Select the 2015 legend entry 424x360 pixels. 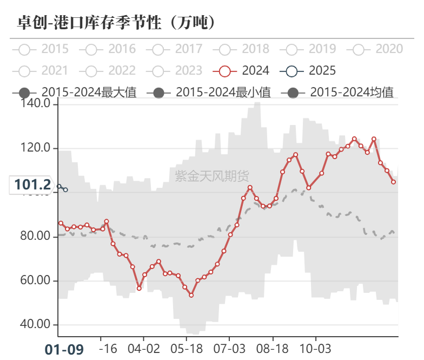43,49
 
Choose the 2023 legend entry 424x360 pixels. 177,70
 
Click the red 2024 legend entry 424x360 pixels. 244,70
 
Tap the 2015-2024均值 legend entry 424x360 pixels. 339,91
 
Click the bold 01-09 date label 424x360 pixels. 64,349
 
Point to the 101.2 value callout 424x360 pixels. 32,185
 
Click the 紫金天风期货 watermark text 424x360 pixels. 212,175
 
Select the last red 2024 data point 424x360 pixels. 394,182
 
